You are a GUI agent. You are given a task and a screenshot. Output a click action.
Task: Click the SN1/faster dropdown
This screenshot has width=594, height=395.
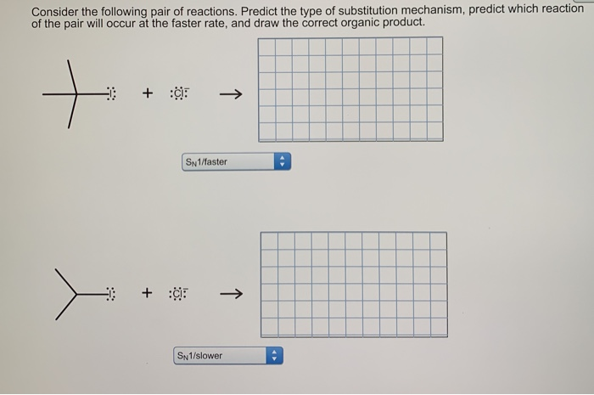click(x=227, y=161)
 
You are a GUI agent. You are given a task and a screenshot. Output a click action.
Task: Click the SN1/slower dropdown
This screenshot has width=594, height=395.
click(x=220, y=356)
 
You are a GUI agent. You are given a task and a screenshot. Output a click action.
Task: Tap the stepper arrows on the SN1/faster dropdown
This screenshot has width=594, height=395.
click(x=283, y=161)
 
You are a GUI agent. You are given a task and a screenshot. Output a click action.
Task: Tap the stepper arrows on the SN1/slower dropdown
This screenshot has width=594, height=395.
click(x=274, y=356)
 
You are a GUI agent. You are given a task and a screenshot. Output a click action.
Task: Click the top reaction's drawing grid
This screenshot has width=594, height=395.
click(x=350, y=87)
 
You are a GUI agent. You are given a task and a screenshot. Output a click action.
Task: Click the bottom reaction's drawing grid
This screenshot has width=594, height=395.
click(x=354, y=284)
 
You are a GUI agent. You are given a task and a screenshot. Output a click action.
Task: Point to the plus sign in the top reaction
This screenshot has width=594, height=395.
click(x=148, y=93)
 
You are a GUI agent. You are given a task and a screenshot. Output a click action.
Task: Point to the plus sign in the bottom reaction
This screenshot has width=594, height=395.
click(x=147, y=294)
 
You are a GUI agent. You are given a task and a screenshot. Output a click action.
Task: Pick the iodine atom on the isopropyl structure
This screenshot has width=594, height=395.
click(x=111, y=295)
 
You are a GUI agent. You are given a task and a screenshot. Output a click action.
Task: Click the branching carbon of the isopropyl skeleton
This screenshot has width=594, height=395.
click(x=76, y=295)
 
